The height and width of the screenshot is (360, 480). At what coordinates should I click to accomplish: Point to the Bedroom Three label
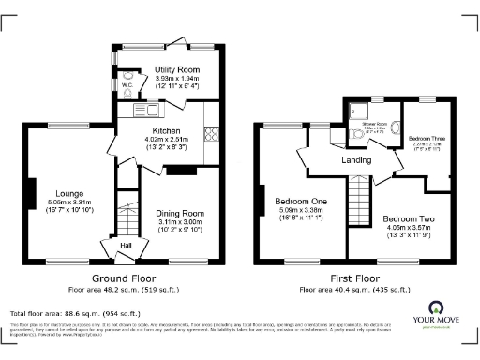point(427,138)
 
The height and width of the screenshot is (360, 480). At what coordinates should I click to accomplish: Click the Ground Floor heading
point(122,278)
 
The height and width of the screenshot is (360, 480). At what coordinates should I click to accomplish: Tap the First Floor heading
point(352,278)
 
